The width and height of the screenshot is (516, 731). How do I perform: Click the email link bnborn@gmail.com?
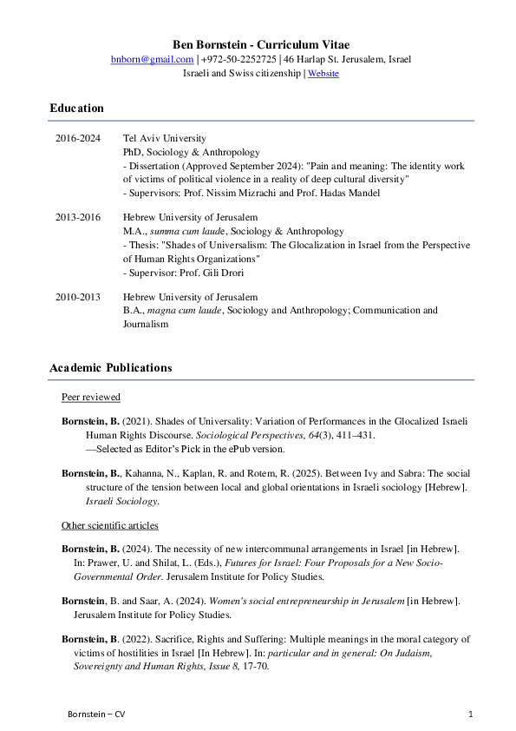[x=152, y=59]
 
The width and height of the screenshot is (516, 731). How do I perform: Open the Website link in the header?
[x=323, y=74]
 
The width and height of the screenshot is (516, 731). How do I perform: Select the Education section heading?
[x=76, y=109]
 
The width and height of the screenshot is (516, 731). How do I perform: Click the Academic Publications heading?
[x=110, y=368]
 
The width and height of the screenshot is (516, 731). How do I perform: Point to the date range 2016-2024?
[x=78, y=138]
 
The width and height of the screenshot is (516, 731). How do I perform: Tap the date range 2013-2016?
[x=78, y=217]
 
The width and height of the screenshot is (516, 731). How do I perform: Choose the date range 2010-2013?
[x=78, y=297]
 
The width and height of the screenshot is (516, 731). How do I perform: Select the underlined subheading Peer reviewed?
[x=91, y=398]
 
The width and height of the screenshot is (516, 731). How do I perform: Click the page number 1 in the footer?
[x=470, y=714]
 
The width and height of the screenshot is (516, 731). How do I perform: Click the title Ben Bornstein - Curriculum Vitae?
[x=258, y=44]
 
